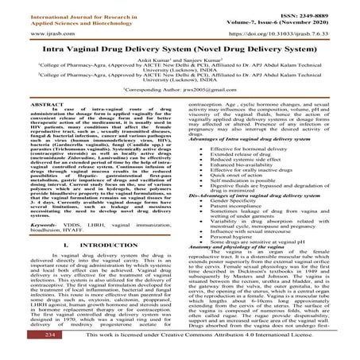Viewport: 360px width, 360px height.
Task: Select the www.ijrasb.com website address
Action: click(x=25, y=36)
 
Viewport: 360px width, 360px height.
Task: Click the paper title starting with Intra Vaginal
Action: click(x=180, y=52)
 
